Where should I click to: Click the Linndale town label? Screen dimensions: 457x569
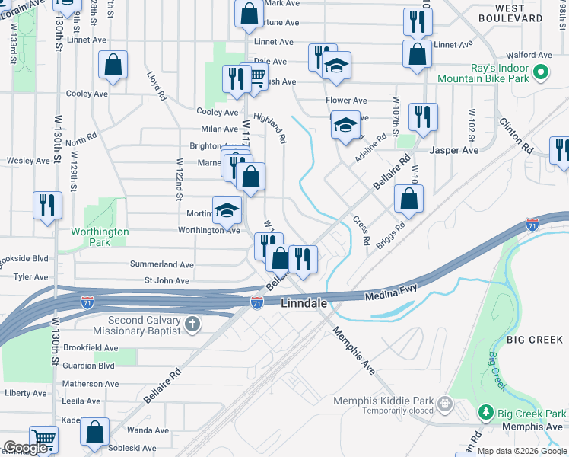pyautogui.click(x=304, y=303)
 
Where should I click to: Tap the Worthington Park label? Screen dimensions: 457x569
pyautogui.click(x=100, y=237)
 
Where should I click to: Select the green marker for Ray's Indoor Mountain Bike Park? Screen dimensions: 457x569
pyautogui.click(x=541, y=73)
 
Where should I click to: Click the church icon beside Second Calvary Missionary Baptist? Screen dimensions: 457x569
pyautogui.click(x=192, y=324)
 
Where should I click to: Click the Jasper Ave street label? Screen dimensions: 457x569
pyautogui.click(x=454, y=150)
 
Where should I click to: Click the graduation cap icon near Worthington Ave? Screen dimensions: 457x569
pyautogui.click(x=227, y=209)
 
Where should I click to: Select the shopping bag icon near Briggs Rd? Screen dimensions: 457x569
pyautogui.click(x=409, y=200)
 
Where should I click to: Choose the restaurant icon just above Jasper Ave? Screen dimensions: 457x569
pyautogui.click(x=422, y=117)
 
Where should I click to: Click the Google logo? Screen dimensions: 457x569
pyautogui.click(x=27, y=448)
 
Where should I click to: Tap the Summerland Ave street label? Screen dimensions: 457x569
pyautogui.click(x=161, y=264)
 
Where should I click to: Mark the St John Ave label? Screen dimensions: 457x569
pyautogui.click(x=167, y=281)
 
